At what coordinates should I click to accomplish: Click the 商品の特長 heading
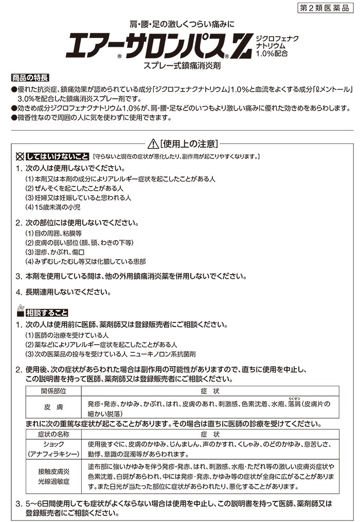[30, 78]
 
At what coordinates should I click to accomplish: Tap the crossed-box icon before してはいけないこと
[20, 156]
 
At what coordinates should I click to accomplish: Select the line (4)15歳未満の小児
[53, 208]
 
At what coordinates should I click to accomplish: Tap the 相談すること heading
[47, 312]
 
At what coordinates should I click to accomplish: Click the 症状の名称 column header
[54, 435]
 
